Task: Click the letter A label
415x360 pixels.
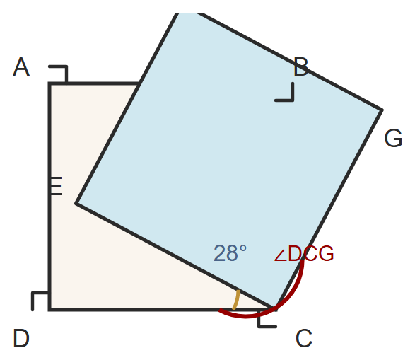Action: click(x=21, y=67)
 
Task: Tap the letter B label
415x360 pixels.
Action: click(x=301, y=67)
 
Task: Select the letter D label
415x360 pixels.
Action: click(x=21, y=338)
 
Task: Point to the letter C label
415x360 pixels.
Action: click(x=304, y=338)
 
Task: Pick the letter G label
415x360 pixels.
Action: click(x=393, y=138)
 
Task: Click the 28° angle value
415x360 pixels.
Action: click(x=230, y=253)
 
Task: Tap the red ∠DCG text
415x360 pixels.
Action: click(x=304, y=253)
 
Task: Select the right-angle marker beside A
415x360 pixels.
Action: click(x=58, y=74)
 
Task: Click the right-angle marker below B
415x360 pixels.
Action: click(x=284, y=92)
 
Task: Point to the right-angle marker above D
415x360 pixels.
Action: click(x=40, y=301)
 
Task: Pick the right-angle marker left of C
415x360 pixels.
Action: click(x=267, y=319)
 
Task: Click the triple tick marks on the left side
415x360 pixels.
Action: click(x=56, y=186)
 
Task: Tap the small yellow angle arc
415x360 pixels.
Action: click(x=236, y=300)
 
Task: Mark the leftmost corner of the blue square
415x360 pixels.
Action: click(x=76, y=203)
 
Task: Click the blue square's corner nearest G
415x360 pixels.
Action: click(x=382, y=110)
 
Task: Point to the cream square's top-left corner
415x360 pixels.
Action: click(x=49, y=83)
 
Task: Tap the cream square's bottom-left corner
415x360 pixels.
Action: click(x=49, y=309)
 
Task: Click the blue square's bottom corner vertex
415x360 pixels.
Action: click(x=276, y=308)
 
